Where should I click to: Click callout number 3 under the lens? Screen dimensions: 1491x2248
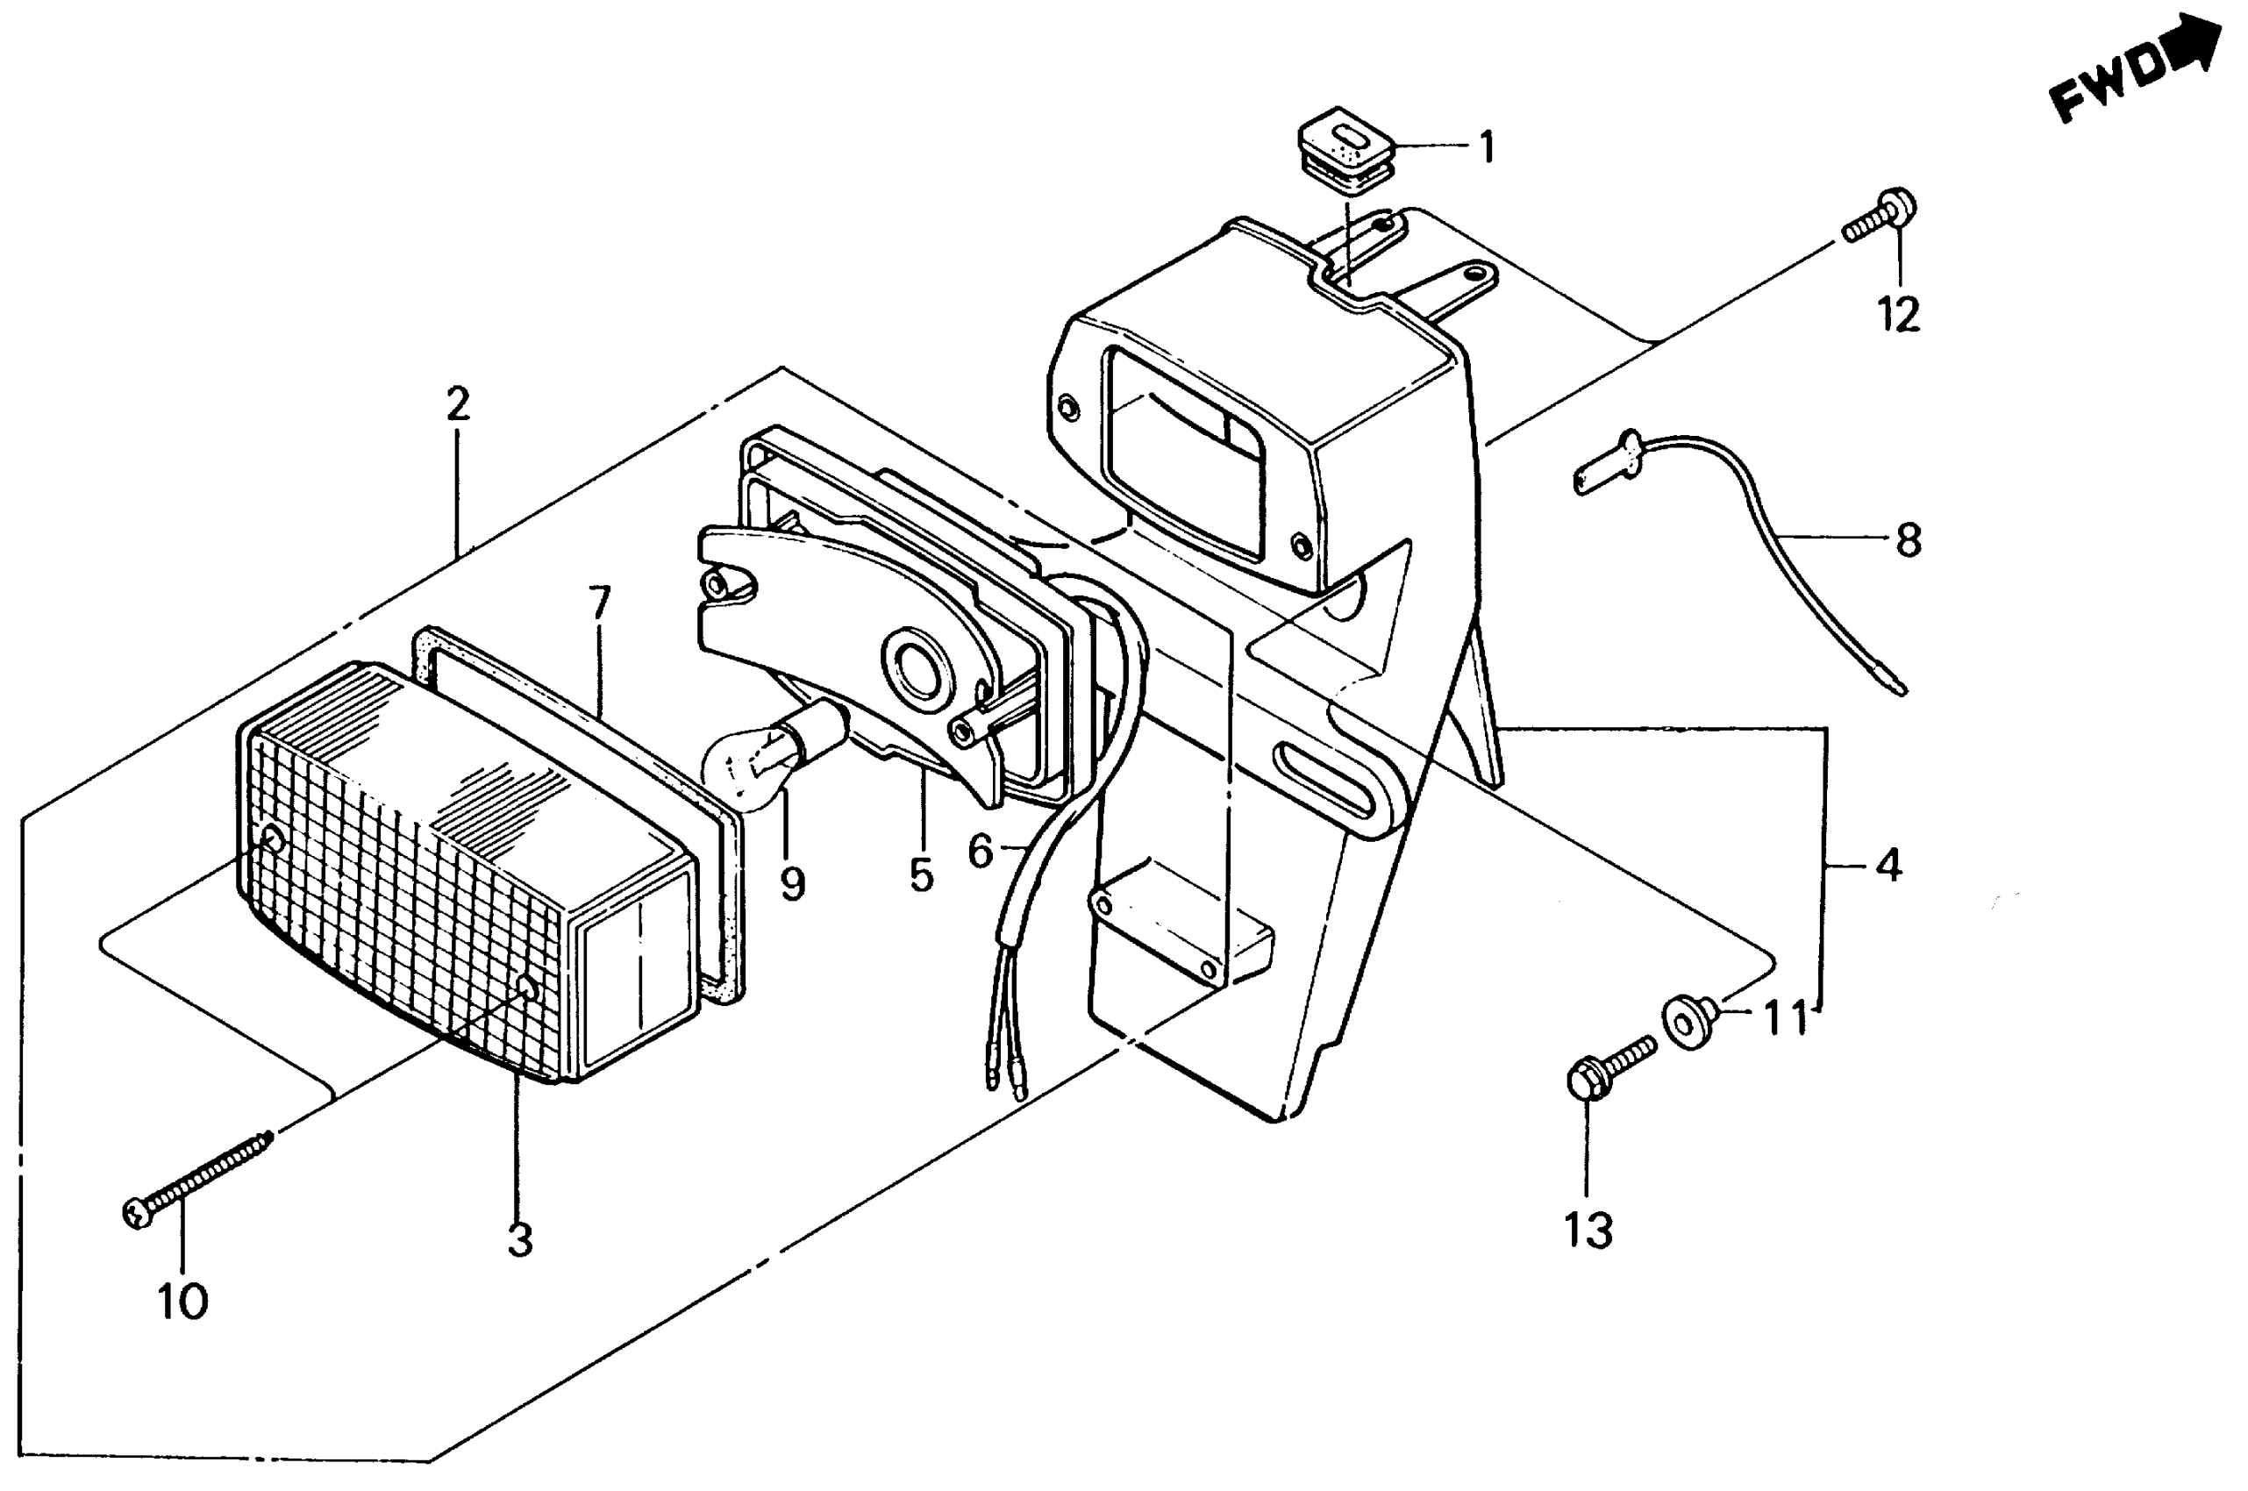pyautogui.click(x=519, y=1240)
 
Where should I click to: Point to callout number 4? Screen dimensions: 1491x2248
pyautogui.click(x=1888, y=866)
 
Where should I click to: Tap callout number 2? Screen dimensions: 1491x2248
pyautogui.click(x=457, y=405)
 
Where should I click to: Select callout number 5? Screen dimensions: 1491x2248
pyautogui.click(x=920, y=874)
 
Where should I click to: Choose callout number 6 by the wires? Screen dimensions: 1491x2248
pyautogui.click(x=981, y=851)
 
